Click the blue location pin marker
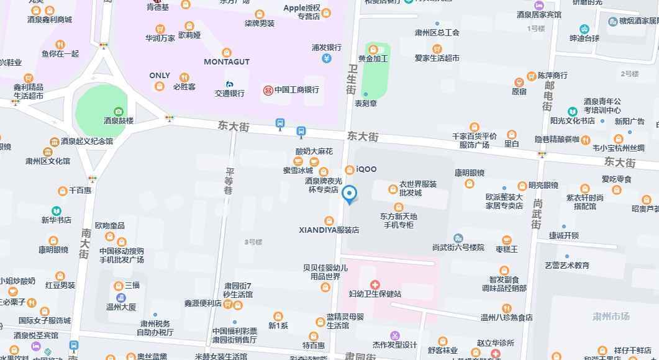[x=350, y=194]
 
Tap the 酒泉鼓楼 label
[x=119, y=120]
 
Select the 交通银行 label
[x=229, y=93]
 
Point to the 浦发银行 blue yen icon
[x=327, y=58]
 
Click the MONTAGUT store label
[x=227, y=61]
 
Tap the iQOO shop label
[x=366, y=169]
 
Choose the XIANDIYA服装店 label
[x=329, y=230]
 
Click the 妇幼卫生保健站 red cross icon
[x=375, y=284]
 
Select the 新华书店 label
[x=56, y=220]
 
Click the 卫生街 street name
[x=352, y=79]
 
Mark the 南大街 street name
[x=85, y=243]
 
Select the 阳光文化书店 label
[x=572, y=120]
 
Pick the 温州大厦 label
[x=120, y=307]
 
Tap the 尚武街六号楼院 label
[x=458, y=247]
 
